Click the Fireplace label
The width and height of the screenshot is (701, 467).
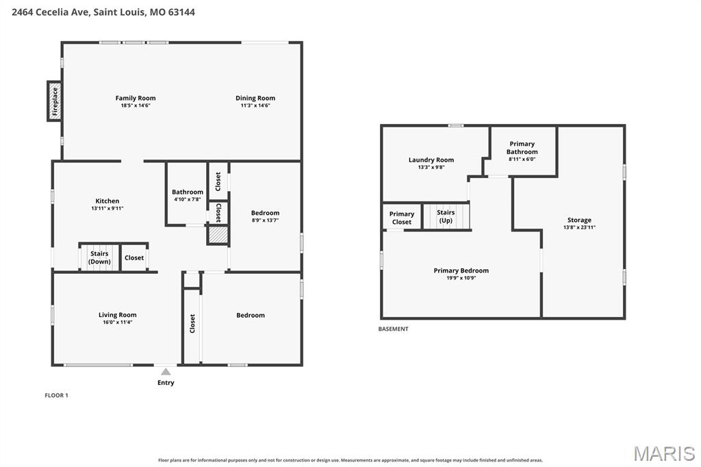(55, 101)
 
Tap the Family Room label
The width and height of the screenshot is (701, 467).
(136, 98)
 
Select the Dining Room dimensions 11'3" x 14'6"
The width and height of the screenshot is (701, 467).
(255, 105)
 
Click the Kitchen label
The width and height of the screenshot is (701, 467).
(107, 201)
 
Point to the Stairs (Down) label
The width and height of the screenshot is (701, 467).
(99, 257)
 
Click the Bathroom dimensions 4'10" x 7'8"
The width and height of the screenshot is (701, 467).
(188, 199)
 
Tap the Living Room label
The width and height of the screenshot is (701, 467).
(118, 314)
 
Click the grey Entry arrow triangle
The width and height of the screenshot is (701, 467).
(166, 372)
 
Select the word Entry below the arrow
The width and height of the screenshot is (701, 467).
(166, 383)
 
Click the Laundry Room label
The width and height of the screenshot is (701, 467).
(431, 160)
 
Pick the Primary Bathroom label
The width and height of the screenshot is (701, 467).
(522, 148)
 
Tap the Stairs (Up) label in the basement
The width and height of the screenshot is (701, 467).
(446, 216)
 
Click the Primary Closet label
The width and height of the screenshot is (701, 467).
(401, 218)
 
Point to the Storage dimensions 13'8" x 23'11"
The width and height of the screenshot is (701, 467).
(579, 227)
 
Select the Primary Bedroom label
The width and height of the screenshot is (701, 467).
(461, 270)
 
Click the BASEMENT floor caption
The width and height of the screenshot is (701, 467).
(394, 329)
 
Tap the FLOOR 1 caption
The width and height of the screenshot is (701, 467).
(56, 395)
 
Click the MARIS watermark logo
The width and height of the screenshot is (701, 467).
(664, 453)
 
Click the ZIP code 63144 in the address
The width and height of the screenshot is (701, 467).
(181, 12)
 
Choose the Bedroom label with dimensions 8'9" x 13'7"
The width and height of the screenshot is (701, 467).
(265, 213)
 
